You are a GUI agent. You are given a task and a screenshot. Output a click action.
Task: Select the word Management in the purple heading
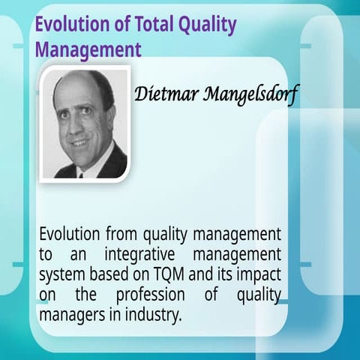pos(88,49)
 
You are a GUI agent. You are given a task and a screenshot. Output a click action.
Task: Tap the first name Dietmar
pos(161,95)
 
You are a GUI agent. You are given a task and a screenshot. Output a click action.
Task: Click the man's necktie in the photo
pos(80,172)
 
